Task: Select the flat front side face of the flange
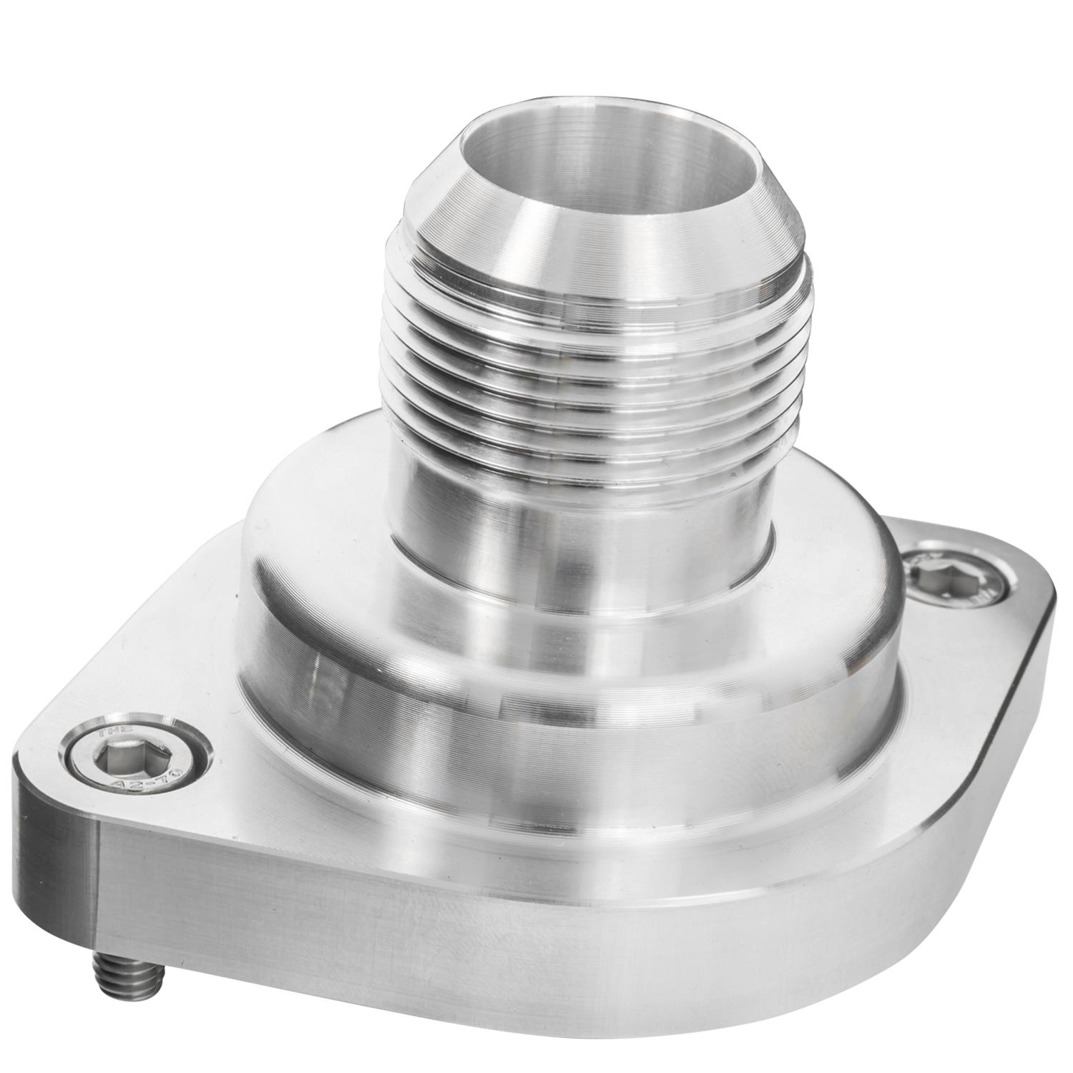coord(501,951)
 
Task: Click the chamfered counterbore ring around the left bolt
coord(175,737)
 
